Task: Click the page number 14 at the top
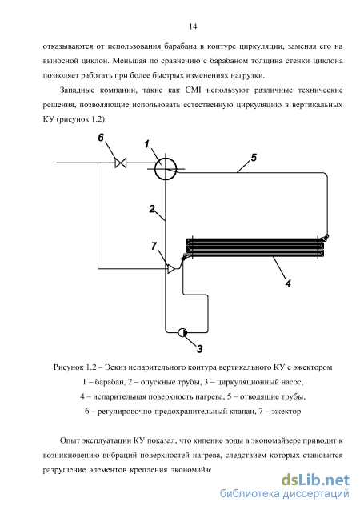point(193,26)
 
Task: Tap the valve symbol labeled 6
point(121,163)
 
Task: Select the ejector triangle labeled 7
point(171,269)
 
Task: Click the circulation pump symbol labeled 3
point(182,332)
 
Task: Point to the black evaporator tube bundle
point(255,248)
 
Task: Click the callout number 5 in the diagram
point(254,158)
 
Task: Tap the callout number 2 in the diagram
point(152,209)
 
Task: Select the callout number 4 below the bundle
point(288,283)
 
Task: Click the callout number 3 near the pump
point(199,349)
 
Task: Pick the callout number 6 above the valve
point(101,138)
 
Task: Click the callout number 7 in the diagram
point(154,247)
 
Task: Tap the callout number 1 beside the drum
point(147,144)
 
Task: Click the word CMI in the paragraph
point(193,90)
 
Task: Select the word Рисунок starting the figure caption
point(68,367)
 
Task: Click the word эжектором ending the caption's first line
point(313,367)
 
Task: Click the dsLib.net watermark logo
point(315,480)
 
